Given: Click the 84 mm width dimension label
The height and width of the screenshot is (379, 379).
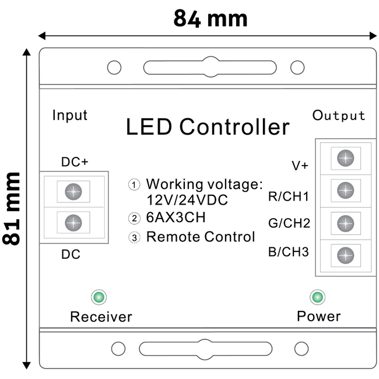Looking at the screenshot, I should (x=210, y=19).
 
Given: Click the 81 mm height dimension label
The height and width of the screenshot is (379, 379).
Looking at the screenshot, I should (x=12, y=208).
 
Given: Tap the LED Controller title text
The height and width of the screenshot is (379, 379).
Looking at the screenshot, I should (x=208, y=127).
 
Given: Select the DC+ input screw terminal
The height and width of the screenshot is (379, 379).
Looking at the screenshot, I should (x=73, y=191).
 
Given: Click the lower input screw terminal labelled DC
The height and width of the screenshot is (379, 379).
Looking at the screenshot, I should (x=73, y=222).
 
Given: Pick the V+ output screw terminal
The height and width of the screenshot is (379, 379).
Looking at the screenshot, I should (x=345, y=157).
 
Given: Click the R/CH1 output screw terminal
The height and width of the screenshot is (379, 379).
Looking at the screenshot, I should (x=345, y=189).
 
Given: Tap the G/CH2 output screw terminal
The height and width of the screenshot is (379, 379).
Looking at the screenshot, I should (x=345, y=222).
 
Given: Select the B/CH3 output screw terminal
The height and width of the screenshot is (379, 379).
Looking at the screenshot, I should (x=345, y=254).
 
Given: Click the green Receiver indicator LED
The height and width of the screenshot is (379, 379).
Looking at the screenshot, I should (x=98, y=297).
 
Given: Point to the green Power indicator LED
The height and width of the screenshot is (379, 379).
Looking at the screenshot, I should (x=318, y=297).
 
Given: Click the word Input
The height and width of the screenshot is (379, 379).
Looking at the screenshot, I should (x=70, y=115).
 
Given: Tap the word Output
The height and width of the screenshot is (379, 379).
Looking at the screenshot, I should (x=339, y=115).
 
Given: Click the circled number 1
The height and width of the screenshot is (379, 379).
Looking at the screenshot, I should (x=135, y=185).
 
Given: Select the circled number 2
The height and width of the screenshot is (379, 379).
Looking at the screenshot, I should (x=135, y=219).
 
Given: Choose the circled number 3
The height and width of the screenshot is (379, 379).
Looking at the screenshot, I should (x=135, y=237).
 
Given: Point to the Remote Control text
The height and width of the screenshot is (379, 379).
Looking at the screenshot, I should (x=201, y=237).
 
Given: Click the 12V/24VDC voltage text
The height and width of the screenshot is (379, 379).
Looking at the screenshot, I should (x=187, y=200).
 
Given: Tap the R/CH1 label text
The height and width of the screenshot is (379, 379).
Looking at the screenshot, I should (x=288, y=196).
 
